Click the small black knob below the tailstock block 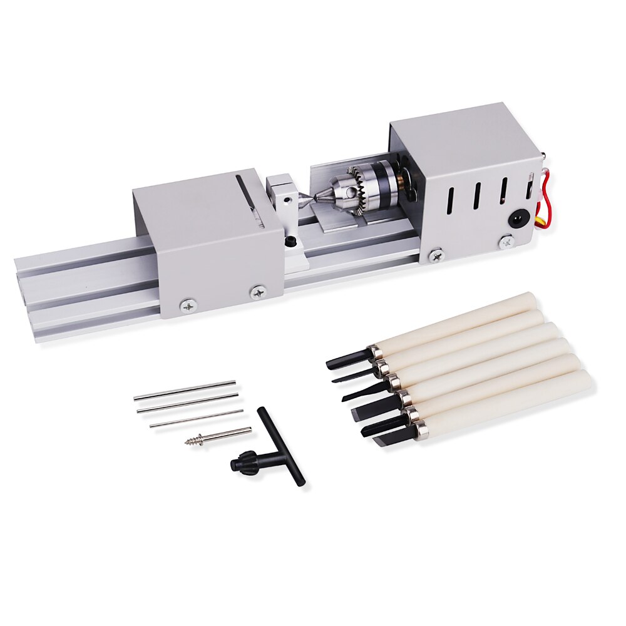(x=289, y=242)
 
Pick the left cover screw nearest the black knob (x=258, y=291)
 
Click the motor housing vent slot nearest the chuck (x=448, y=200)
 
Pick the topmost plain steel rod (x=185, y=390)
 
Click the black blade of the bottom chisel (x=391, y=438)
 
